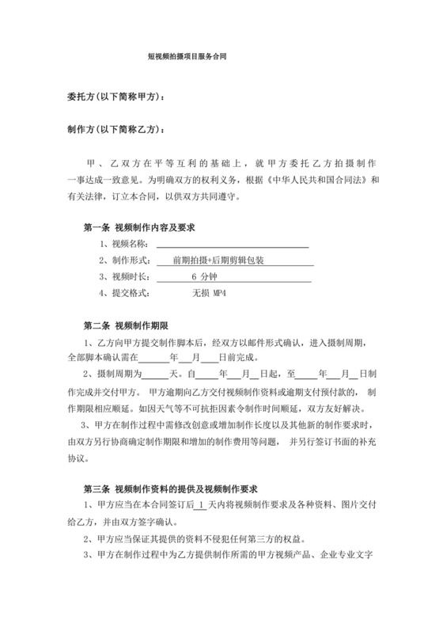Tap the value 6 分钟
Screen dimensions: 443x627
point(206,276)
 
